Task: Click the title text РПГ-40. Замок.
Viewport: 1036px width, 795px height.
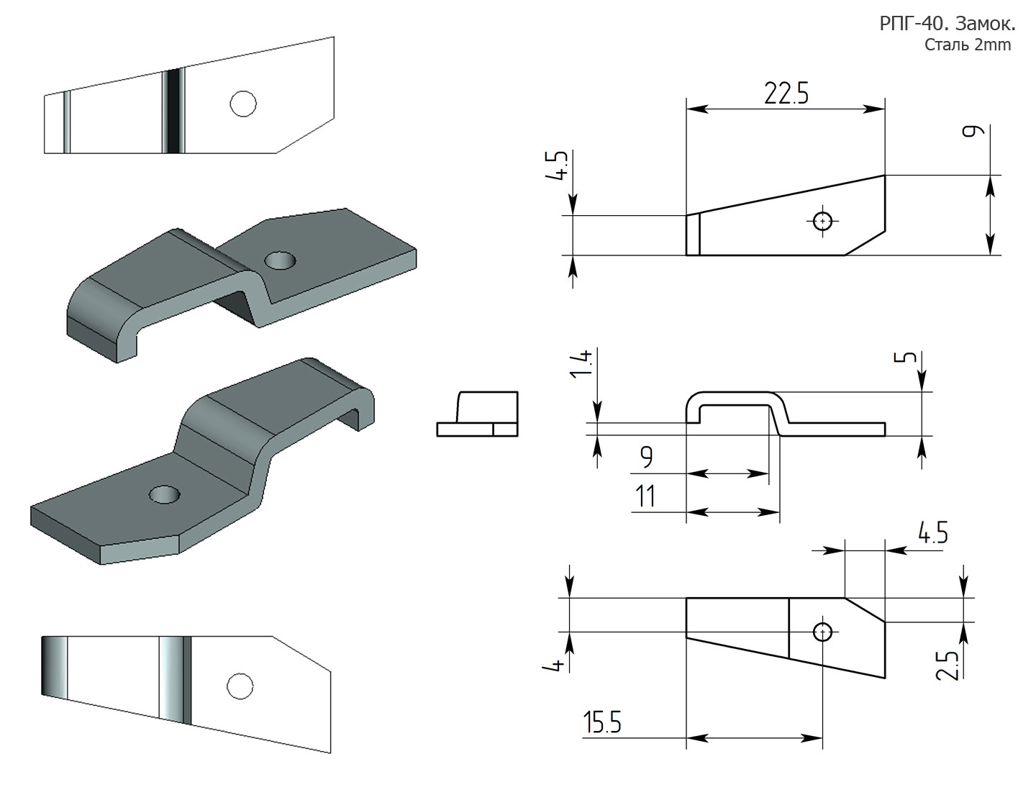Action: [x=947, y=24]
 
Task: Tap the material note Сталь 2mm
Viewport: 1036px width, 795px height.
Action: [x=967, y=45]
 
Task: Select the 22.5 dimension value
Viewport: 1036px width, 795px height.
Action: [x=786, y=94]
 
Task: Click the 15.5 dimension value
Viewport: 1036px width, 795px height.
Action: [x=602, y=724]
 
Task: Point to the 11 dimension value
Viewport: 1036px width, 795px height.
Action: [x=645, y=496]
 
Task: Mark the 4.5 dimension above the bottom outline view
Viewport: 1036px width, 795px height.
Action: [x=932, y=535]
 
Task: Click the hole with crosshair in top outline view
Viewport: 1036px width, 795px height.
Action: [x=822, y=221]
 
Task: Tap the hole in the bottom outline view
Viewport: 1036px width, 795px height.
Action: [x=822, y=632]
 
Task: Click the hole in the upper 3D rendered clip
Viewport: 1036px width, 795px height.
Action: [x=279, y=260]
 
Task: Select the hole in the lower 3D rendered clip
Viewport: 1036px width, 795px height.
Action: [x=165, y=494]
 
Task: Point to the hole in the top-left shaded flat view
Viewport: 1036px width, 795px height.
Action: [x=243, y=103]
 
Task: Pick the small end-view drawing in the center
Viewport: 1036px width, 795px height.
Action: [x=477, y=414]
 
